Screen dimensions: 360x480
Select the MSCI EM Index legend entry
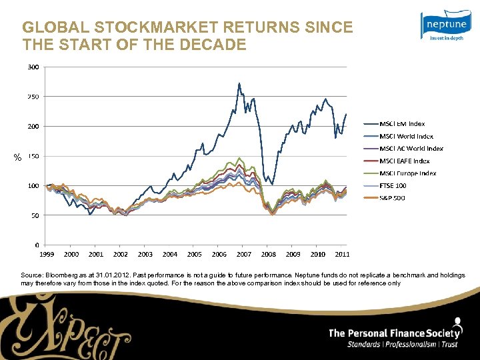click(x=402, y=123)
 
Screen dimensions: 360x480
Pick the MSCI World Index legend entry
click(x=406, y=136)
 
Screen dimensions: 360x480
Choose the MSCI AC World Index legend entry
click(x=411, y=149)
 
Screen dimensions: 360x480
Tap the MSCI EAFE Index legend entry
click(x=405, y=161)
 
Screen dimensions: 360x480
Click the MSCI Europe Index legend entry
click(x=407, y=173)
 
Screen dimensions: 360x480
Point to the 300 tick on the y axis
click(x=33, y=67)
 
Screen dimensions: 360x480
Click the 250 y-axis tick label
click(x=33, y=97)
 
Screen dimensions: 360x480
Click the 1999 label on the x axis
click(x=47, y=254)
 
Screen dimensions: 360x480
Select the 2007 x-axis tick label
click(x=244, y=254)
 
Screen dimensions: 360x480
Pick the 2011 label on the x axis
click(x=342, y=254)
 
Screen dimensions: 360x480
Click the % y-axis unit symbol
click(x=18, y=157)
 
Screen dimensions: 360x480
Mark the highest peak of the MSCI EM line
click(x=239, y=83)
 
